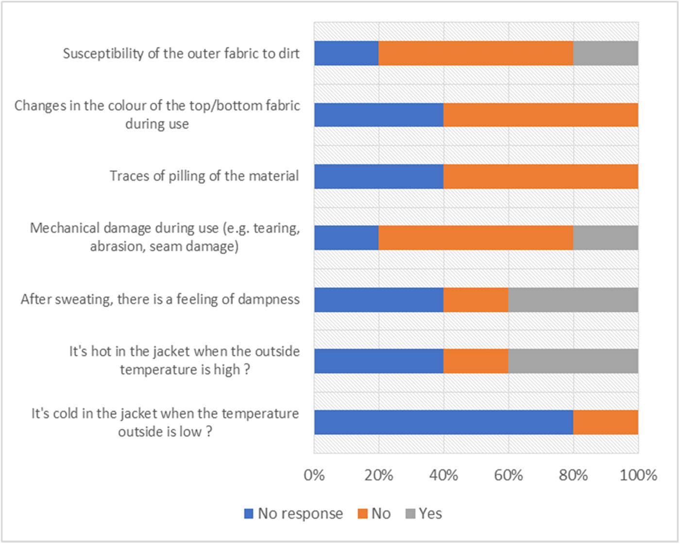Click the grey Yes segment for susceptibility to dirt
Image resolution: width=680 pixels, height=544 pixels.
pyautogui.click(x=606, y=53)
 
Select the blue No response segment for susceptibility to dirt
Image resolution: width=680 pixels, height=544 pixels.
pyautogui.click(x=346, y=53)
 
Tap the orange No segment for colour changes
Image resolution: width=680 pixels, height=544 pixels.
pyautogui.click(x=541, y=115)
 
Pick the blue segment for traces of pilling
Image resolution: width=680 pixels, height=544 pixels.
pyautogui.click(x=379, y=176)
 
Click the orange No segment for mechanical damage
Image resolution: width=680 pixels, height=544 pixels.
pyautogui.click(x=476, y=238)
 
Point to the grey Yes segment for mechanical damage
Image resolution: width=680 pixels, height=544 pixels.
pyautogui.click(x=606, y=238)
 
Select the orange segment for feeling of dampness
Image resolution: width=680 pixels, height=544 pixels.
pyautogui.click(x=476, y=299)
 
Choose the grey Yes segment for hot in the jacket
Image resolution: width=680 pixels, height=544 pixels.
pyautogui.click(x=573, y=361)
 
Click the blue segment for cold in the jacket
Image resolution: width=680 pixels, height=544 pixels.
pyautogui.click(x=443, y=422)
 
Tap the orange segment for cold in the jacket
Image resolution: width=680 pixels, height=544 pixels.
pyautogui.click(x=606, y=422)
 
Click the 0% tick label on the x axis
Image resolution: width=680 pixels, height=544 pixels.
pyautogui.click(x=314, y=475)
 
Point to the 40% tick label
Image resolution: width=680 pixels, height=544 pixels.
pyautogui.click(x=443, y=475)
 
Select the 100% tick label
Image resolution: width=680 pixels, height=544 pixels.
pyautogui.click(x=638, y=475)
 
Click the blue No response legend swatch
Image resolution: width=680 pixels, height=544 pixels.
pyautogui.click(x=249, y=513)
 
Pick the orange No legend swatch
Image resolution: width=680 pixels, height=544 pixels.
pyautogui.click(x=362, y=513)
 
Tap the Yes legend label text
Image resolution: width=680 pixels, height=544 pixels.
pyautogui.click(x=430, y=513)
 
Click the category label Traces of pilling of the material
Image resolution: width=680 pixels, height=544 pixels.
pyautogui.click(x=204, y=176)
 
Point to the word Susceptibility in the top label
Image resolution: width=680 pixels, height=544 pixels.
pyautogui.click(x=103, y=53)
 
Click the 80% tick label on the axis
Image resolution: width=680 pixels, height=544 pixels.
pyautogui.click(x=573, y=475)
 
